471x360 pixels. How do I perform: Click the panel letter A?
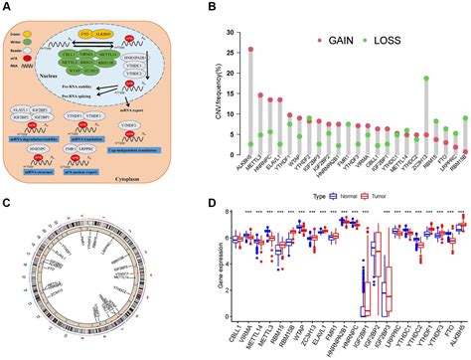7,7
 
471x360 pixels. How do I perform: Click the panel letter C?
7,188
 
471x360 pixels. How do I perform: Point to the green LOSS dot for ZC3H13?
426,78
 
